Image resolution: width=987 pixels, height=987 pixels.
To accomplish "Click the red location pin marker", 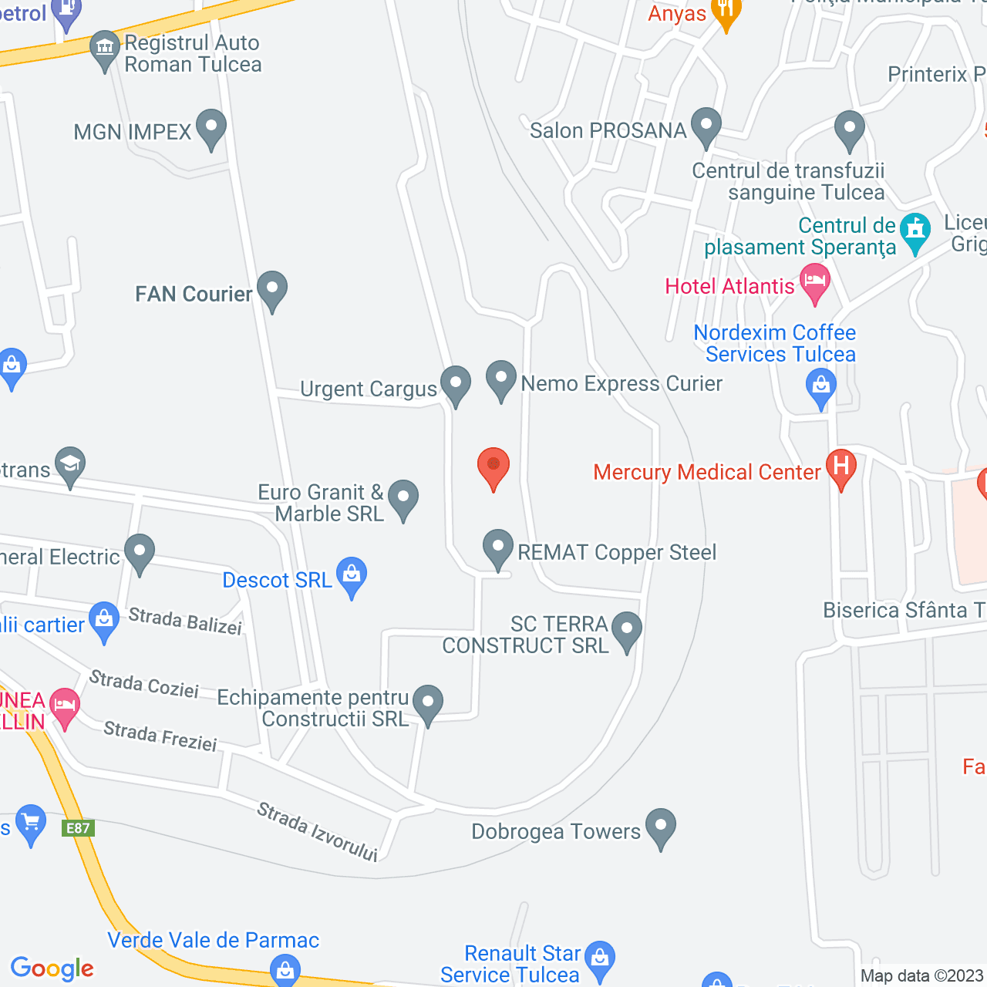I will coord(493,467).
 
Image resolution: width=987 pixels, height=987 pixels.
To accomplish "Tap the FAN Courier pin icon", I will coord(271,290).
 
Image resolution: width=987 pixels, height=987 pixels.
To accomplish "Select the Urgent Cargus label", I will coord(369,389).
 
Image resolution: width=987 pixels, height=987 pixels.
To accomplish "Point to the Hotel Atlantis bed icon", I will coord(814,282).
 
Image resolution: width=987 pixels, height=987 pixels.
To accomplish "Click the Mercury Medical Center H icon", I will coord(840,467).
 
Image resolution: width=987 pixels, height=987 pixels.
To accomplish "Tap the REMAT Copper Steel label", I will coord(617,552).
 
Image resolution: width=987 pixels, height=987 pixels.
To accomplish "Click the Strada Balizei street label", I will coord(185,621).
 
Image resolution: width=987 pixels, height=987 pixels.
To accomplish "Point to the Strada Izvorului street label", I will coord(317,831).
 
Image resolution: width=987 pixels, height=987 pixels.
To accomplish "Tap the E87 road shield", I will coord(78,828).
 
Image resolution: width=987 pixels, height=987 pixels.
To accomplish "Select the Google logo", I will coord(52,968).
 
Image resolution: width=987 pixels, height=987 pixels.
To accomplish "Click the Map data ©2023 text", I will coord(921,975).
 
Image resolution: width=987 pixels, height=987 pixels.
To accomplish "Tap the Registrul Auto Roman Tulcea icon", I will coord(104,49).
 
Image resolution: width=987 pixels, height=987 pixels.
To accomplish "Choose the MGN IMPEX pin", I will coord(211,128).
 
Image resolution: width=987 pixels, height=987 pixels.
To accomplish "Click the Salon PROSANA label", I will coord(608,130).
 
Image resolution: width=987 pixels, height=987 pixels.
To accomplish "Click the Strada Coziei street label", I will coord(144,683).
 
